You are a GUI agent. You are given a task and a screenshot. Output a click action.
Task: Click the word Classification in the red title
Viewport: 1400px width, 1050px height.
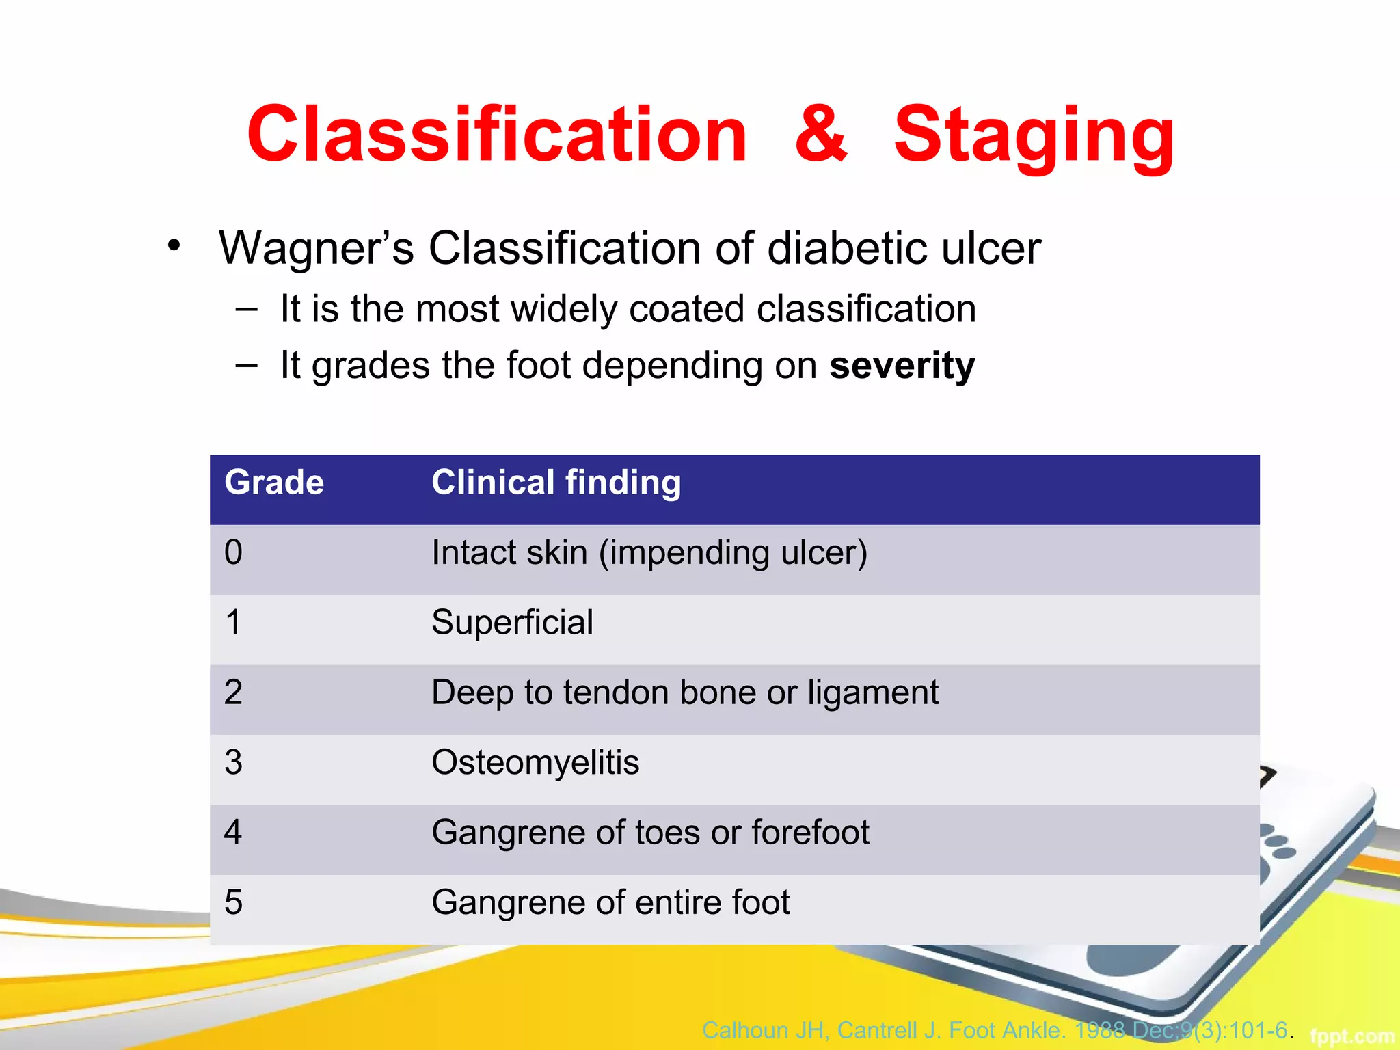497,135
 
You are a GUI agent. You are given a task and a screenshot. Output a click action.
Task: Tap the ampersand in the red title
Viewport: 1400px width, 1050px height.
821,135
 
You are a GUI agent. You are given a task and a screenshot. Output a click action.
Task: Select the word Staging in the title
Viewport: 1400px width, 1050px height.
1034,137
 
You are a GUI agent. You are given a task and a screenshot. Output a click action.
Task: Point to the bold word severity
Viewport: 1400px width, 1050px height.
902,366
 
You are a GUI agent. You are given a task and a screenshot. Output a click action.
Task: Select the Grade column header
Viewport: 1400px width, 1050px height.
274,483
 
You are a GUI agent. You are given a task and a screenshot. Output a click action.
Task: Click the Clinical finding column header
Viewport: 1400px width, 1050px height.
556,483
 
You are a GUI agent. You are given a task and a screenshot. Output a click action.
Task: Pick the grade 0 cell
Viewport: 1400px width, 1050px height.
234,552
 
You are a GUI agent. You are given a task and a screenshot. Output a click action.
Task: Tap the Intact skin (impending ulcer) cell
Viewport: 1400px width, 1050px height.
649,552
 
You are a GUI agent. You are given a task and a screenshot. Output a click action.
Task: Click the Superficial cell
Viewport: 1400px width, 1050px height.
512,623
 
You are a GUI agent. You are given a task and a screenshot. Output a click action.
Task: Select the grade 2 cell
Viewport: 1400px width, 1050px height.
234,692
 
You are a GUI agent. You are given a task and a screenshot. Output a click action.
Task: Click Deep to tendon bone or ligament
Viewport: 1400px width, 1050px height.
684,692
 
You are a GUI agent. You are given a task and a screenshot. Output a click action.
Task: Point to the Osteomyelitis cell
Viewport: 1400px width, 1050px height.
535,762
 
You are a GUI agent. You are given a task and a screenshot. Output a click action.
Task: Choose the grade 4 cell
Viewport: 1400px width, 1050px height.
234,833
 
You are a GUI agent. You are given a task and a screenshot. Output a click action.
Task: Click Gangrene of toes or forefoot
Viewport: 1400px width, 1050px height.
650,833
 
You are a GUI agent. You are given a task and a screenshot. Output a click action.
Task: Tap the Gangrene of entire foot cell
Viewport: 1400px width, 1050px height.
610,902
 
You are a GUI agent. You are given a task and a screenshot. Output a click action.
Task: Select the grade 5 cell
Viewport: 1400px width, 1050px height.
234,902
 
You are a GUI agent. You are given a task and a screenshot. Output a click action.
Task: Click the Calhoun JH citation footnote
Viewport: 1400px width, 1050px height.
995,1029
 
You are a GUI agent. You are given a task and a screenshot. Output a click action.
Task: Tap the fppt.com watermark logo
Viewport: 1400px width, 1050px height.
1351,1036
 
